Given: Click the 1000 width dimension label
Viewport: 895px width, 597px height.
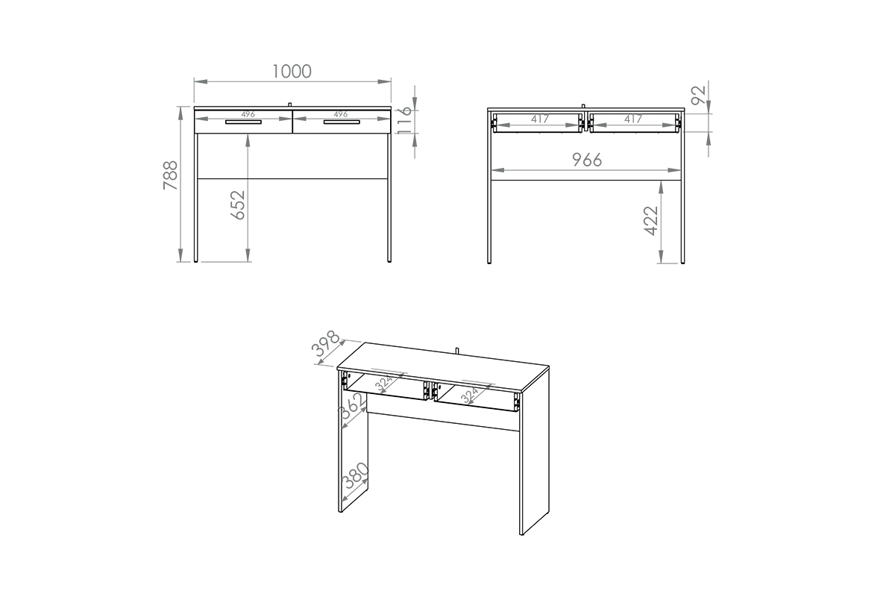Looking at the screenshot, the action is click(292, 72).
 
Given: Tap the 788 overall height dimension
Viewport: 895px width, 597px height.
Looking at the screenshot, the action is click(171, 175).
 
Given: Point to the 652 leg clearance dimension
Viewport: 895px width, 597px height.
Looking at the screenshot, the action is click(238, 205).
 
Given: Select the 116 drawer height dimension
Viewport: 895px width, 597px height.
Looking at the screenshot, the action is click(404, 120).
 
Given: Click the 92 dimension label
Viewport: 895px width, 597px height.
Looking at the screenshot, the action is click(699, 96).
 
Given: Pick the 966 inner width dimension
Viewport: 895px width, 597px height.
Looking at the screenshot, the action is click(586, 160).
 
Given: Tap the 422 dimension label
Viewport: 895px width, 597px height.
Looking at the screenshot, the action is click(651, 221).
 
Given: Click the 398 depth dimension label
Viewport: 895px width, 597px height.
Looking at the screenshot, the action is click(326, 343).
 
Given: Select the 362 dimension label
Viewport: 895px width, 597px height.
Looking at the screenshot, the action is click(352, 406).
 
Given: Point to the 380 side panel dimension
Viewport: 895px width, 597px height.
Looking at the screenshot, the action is click(355, 476).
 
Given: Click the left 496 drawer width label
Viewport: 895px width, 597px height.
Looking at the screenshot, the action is click(248, 114).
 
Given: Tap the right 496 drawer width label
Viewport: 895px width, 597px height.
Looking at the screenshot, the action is click(341, 114).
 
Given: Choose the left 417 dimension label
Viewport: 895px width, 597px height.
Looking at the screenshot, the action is click(540, 119).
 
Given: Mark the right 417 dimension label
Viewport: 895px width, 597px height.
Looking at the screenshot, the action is click(633, 119).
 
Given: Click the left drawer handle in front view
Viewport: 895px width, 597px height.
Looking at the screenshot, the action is click(243, 122).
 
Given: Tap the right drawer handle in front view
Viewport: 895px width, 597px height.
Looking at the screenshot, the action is click(342, 122).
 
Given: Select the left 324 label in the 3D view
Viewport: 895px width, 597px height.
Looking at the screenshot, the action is click(384, 383).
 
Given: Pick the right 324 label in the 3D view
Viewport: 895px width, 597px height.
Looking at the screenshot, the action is click(469, 395).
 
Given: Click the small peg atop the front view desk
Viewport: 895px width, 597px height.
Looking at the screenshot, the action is click(289, 104).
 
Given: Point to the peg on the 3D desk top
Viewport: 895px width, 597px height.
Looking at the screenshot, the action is click(456, 351).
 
